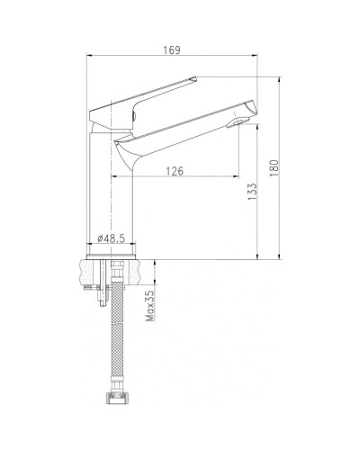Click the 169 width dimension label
tap(172, 50)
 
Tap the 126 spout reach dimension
tap(175, 171)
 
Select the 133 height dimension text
tap(253, 192)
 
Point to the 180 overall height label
tap(274, 168)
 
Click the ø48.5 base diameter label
tap(111, 238)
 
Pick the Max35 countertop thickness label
tap(150, 305)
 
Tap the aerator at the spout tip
tap(235, 123)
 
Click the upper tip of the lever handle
tap(195, 78)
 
